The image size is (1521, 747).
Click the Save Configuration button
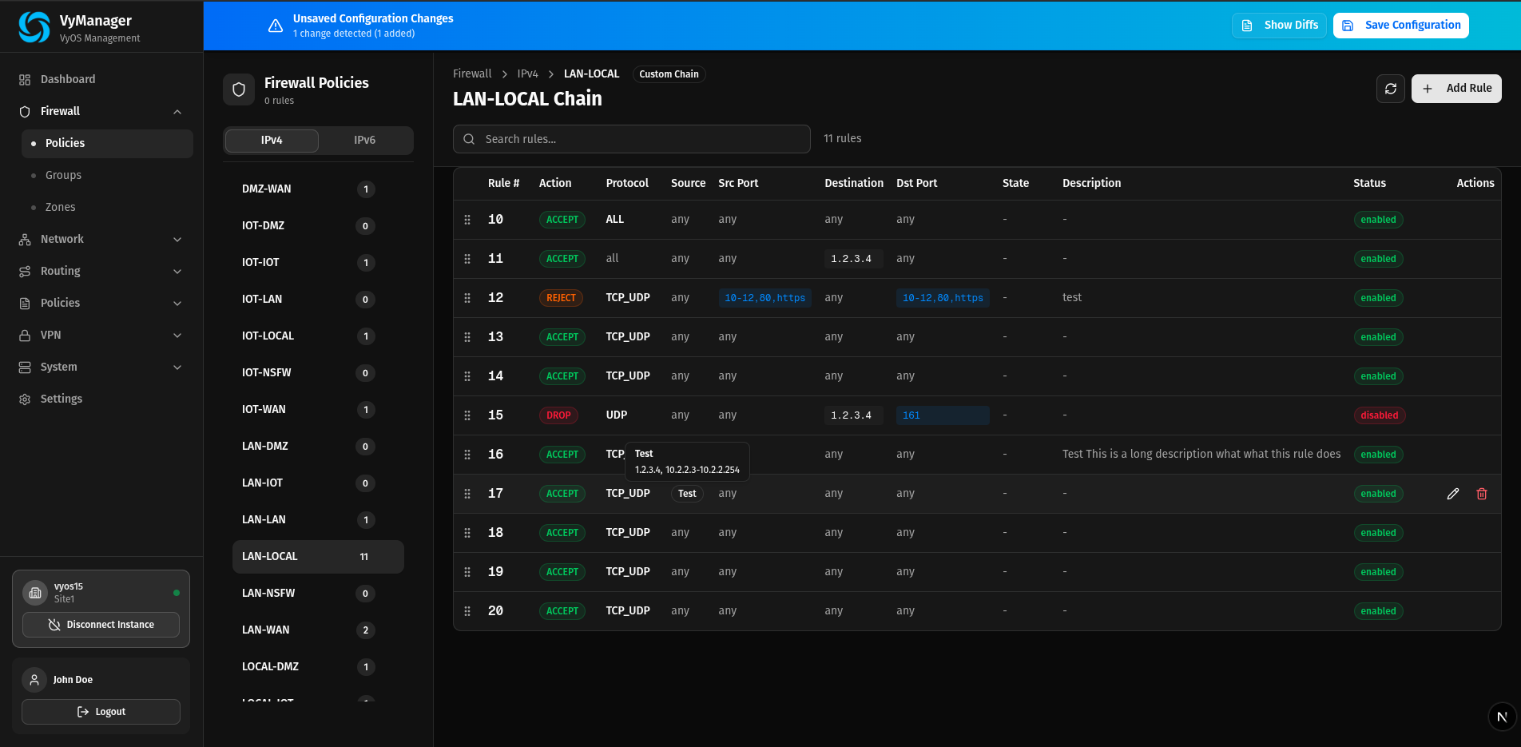1400,25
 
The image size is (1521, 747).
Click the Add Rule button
1456,88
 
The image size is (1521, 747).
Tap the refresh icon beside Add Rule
1390,88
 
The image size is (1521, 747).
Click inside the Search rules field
631,139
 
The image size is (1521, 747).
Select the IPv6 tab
364,140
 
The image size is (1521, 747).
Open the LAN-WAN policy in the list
266,630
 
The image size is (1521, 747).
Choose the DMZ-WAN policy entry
267,189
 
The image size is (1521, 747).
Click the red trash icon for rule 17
1482,494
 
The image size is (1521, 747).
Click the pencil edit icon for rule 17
1453,494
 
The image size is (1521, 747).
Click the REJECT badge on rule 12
561,298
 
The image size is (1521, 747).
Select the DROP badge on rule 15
558,415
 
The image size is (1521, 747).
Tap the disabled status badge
1379,415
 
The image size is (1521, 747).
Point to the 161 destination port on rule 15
911,415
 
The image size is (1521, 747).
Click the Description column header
1091,183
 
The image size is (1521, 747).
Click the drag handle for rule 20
467,611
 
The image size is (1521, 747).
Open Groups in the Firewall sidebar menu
63,175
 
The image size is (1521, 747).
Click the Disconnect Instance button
101,625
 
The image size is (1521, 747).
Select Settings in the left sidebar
62,399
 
